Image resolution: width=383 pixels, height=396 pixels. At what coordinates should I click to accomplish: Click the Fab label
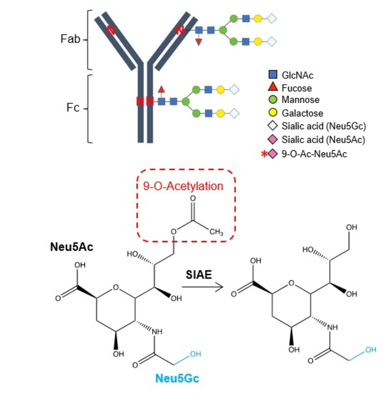[71, 40]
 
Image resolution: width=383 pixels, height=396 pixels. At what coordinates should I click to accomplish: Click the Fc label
[73, 107]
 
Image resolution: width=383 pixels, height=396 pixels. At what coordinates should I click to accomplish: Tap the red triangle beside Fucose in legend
[273, 87]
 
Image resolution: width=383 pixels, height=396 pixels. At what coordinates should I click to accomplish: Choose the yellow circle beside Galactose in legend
[273, 113]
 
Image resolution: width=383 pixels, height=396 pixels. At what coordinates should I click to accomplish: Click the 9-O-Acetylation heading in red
[179, 186]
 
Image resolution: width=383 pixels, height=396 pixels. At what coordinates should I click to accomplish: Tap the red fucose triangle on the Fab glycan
[199, 42]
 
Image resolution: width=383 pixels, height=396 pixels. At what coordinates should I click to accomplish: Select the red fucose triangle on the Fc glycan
[161, 89]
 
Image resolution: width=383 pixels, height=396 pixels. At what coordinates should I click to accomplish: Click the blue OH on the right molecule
[371, 350]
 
